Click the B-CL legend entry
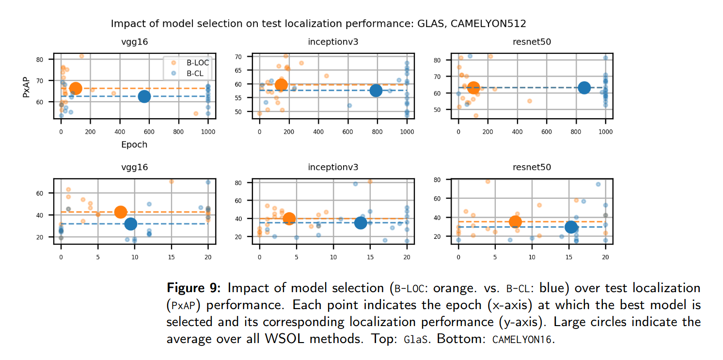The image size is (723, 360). [195, 74]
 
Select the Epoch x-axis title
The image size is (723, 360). [134, 144]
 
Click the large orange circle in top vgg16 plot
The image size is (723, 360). [76, 88]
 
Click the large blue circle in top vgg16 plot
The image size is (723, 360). [144, 96]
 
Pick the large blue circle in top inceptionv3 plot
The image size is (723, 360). [376, 91]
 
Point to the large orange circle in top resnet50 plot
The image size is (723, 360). [473, 88]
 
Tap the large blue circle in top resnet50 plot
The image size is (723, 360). [584, 88]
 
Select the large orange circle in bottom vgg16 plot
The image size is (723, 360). [121, 212]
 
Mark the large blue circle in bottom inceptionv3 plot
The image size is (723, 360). [361, 222]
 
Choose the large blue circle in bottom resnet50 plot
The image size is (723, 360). [571, 227]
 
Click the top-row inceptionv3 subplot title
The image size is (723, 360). [333, 42]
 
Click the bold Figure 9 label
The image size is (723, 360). [193, 288]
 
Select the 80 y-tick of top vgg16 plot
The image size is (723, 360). [46, 60]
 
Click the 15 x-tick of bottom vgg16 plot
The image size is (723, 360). [171, 251]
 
